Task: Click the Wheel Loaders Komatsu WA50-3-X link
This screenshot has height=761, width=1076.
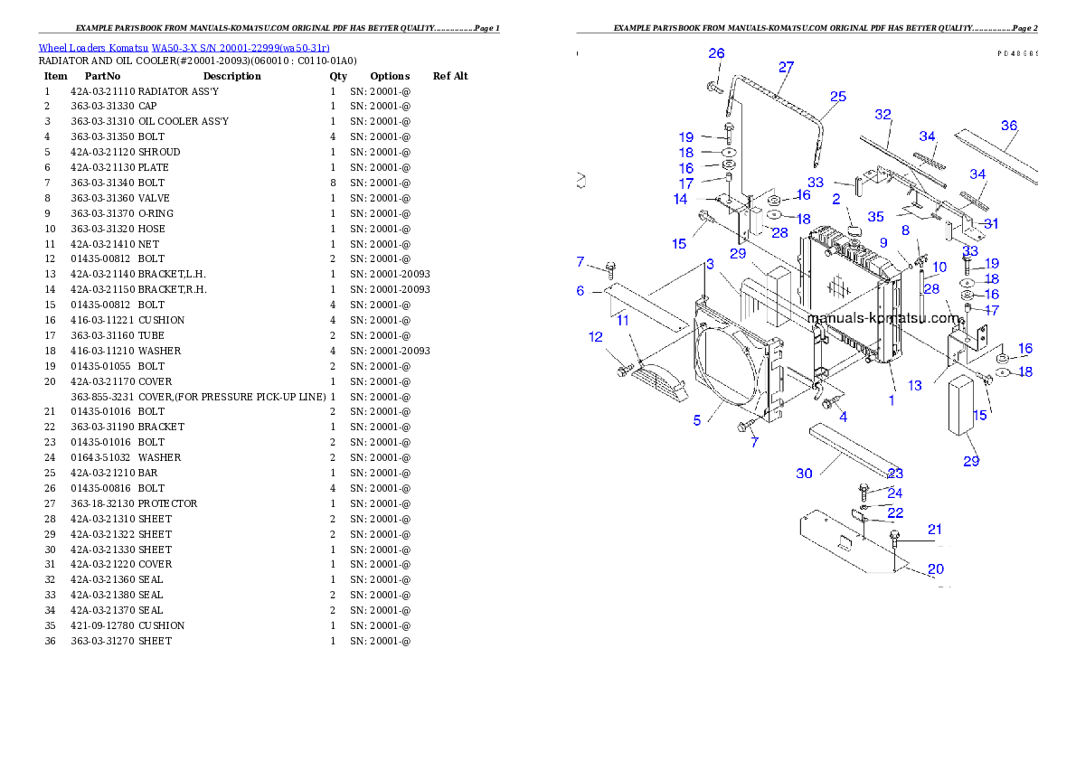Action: [184, 48]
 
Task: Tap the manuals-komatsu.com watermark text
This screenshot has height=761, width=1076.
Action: [883, 318]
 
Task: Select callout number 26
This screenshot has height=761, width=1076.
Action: [716, 54]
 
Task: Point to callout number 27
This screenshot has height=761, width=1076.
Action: [786, 67]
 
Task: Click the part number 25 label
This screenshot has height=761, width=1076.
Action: [838, 97]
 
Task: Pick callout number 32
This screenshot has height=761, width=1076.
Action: [883, 115]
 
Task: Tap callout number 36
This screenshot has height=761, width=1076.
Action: [1009, 126]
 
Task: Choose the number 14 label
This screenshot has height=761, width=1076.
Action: [680, 199]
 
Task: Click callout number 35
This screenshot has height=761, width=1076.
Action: [875, 217]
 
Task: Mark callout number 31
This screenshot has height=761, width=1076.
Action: [991, 223]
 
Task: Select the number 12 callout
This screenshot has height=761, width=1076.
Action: [595, 337]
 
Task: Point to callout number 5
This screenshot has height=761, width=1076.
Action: [697, 420]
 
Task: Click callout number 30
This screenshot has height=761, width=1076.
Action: [804, 474]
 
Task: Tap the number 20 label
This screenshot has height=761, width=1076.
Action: [936, 568]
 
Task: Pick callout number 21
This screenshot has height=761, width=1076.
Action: [935, 529]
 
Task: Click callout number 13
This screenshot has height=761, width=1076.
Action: [915, 386]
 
